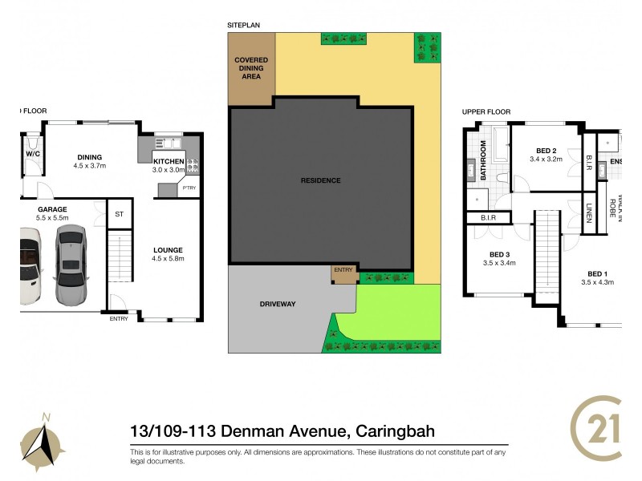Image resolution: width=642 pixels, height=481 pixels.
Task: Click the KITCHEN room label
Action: point(169,161)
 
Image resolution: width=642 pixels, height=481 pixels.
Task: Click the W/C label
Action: point(33,153)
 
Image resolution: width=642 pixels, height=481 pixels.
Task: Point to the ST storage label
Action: point(119,214)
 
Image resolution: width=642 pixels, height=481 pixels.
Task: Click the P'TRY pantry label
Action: point(189,188)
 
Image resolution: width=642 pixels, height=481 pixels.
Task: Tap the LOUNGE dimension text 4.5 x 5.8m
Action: point(169,258)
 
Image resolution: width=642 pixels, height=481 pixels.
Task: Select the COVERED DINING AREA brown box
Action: point(251,69)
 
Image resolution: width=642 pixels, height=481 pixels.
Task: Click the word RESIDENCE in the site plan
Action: point(321,180)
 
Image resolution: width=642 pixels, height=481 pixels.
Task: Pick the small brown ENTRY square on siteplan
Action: point(343,273)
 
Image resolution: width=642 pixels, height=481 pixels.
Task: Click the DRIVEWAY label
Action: point(278,305)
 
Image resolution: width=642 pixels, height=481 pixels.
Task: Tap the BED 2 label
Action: point(547,151)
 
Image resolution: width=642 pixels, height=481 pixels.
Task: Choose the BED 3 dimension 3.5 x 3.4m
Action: point(498,262)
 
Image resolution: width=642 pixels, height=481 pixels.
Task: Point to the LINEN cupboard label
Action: point(588,214)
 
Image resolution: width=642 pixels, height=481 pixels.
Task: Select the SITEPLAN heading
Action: point(244,25)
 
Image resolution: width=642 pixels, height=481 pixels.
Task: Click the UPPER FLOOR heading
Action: point(486,111)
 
